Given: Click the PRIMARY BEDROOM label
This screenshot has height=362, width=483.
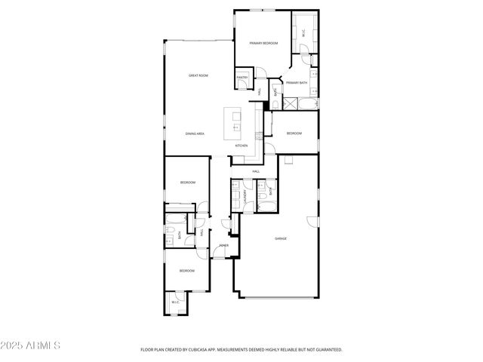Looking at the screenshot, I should pyautogui.click(x=263, y=44).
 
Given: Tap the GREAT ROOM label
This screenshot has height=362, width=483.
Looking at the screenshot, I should pyautogui.click(x=198, y=75).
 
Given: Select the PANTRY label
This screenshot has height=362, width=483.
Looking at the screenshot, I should pyautogui.click(x=242, y=77).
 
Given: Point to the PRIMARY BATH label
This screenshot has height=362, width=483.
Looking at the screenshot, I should pyautogui.click(x=297, y=83).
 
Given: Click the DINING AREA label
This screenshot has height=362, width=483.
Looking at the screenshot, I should pyautogui.click(x=195, y=133).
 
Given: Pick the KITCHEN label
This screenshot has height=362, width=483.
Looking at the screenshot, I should pyautogui.click(x=241, y=146).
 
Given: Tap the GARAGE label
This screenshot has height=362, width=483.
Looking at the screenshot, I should pyautogui.click(x=281, y=238).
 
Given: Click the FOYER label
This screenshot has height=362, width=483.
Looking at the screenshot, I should pyautogui.click(x=224, y=246).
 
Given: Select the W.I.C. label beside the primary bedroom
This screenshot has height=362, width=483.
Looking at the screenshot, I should pyautogui.click(x=303, y=33).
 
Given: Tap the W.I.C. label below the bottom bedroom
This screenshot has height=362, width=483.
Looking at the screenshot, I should pyautogui.click(x=175, y=302).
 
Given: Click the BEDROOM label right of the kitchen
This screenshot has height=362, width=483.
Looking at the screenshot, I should pyautogui.click(x=294, y=133).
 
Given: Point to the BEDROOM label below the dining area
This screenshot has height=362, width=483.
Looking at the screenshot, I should pyautogui.click(x=188, y=183).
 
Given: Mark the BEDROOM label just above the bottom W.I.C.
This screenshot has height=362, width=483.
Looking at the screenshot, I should pyautogui.click(x=186, y=270).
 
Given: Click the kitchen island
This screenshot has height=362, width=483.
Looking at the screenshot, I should pyautogui.click(x=232, y=119).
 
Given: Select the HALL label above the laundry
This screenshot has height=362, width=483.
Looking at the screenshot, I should pyautogui.click(x=256, y=171).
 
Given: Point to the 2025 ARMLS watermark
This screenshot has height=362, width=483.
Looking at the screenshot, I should pyautogui.click(x=30, y=345).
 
